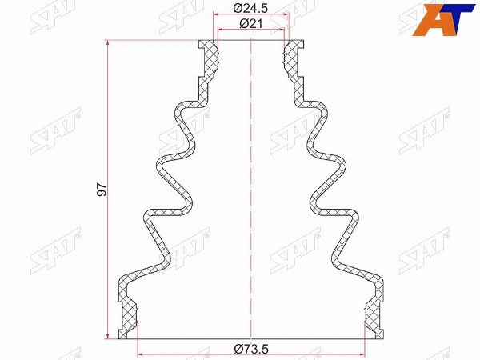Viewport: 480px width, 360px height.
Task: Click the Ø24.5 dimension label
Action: (250, 8)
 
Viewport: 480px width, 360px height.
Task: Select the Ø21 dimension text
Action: (251, 23)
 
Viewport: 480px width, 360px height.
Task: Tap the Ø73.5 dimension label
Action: (251, 348)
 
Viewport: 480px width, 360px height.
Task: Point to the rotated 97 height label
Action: (102, 190)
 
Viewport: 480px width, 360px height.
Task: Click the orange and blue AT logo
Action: (443, 19)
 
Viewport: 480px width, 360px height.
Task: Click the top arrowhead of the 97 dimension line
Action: (107, 44)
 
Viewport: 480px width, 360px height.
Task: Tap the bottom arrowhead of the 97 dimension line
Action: (107, 335)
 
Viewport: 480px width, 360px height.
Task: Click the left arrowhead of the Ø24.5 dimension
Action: (218, 14)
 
